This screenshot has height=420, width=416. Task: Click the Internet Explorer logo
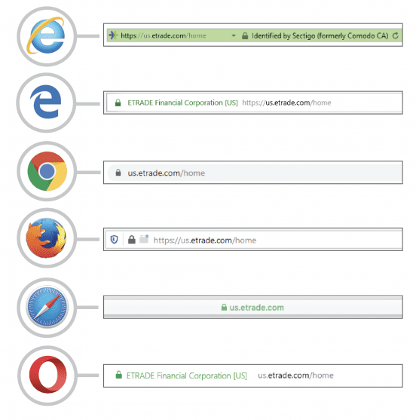coord(46,35)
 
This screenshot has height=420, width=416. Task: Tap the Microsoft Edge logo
coord(46,102)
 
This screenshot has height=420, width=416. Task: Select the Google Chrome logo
coord(47,171)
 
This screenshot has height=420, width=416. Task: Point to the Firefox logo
coord(46,238)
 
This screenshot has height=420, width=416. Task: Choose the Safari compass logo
coord(47,307)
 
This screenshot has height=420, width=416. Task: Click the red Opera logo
coord(47,375)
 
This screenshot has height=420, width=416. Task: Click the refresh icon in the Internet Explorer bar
coord(396,35)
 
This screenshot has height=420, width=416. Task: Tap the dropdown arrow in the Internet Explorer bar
coord(234,35)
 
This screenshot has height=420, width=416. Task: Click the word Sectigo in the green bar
coord(304,36)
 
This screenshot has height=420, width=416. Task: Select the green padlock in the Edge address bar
coord(118,103)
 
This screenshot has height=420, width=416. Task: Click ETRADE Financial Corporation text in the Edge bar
coord(175,103)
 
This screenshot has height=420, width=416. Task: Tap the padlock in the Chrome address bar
coord(118,173)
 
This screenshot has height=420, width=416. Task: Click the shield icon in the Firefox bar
coord(115,239)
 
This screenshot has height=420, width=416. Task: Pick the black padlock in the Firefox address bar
coord(131,240)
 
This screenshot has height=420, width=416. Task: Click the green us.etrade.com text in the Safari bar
coord(256,308)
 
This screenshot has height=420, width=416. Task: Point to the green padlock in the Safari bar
coord(224,307)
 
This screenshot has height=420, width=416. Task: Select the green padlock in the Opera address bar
coord(118,375)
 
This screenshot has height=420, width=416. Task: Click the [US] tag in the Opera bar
coord(240,376)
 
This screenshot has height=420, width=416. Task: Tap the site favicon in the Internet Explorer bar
coord(113,35)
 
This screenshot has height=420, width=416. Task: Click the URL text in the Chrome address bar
coord(167,173)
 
